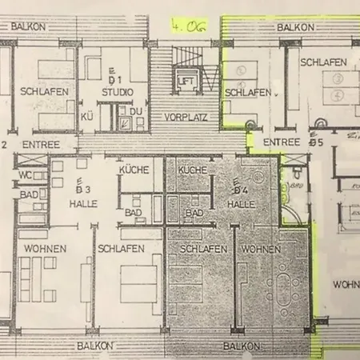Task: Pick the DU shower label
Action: tap(137, 110)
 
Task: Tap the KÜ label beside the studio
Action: tap(87, 116)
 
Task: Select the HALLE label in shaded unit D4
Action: tap(240, 204)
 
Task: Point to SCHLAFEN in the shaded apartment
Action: tap(197, 249)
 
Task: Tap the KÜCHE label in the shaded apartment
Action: tap(192, 170)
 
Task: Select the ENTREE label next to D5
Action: tap(282, 142)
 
